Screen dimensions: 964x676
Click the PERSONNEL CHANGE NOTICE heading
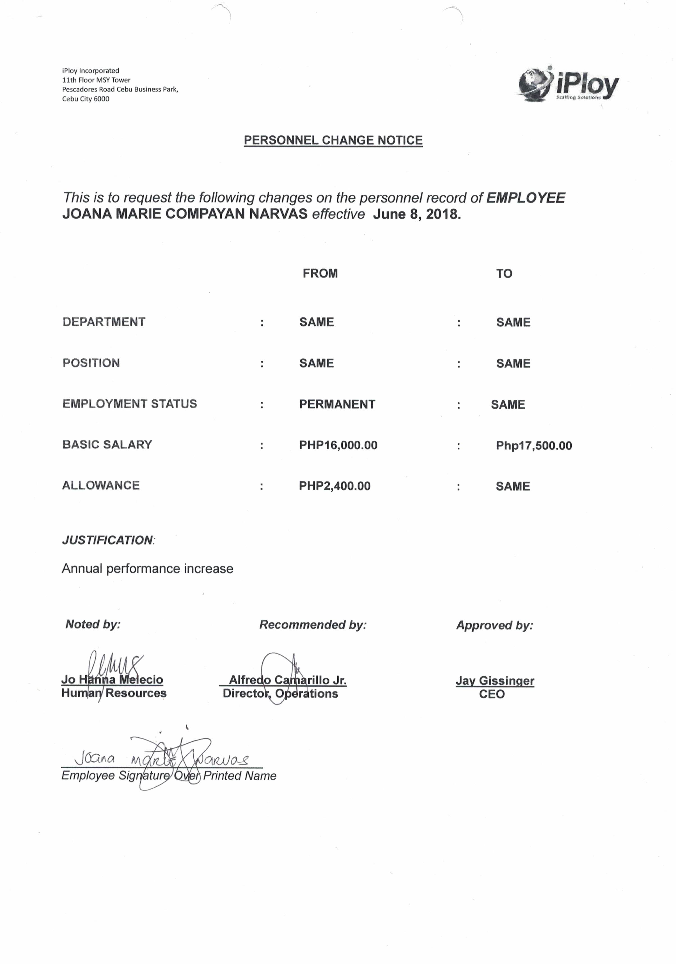333,140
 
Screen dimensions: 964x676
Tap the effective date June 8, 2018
417,214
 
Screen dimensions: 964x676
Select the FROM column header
320,274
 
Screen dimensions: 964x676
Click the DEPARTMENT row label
104,322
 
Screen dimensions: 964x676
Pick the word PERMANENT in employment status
337,404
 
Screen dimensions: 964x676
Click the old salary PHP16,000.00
338,445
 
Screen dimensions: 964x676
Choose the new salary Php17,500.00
533,445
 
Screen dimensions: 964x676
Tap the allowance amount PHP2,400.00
334,486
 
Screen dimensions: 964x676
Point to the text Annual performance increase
148,569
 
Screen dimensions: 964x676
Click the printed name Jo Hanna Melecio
112,679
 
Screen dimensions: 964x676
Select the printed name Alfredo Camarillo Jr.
287,680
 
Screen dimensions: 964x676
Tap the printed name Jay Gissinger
495,681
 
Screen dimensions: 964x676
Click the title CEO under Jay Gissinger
492,694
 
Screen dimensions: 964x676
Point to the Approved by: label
494,625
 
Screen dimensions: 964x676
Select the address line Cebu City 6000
86,99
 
